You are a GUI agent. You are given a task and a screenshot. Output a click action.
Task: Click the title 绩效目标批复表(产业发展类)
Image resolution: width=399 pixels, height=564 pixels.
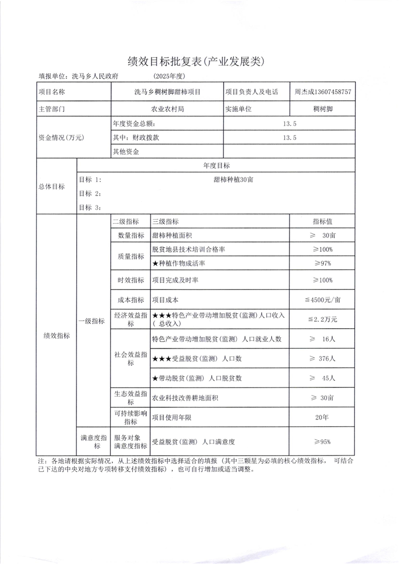coord(200,62)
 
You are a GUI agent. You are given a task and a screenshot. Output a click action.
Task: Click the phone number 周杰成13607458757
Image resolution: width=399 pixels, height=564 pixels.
coord(322,92)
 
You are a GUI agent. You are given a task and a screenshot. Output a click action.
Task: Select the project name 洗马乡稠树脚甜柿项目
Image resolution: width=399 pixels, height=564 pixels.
coord(167,92)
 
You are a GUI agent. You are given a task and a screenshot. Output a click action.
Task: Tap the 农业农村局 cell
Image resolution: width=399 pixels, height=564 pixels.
coord(167,108)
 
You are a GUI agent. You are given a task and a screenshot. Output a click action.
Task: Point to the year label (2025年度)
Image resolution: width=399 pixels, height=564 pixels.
coord(170,76)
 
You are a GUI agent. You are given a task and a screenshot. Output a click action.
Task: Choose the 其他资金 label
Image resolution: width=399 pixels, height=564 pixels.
coord(126,151)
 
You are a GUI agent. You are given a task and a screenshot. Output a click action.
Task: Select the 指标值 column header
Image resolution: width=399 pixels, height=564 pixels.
coord(322,222)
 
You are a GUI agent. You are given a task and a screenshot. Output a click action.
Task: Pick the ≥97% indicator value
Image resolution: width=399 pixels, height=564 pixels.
coord(322,263)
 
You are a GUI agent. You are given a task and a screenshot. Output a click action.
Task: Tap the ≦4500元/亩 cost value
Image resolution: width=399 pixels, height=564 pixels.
coord(322,300)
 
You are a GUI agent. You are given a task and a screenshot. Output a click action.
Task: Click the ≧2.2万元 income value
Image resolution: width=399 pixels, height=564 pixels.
coord(322,319)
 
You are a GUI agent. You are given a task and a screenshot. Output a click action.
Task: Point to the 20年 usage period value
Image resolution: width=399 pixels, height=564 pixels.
coord(322,417)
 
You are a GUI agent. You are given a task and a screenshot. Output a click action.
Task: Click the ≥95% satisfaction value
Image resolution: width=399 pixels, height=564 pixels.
coord(322,442)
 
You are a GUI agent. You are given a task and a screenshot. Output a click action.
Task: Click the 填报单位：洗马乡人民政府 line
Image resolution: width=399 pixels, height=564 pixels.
coord(82,76)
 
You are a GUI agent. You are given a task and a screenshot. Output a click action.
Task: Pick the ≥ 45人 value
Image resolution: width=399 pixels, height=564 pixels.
coord(322,377)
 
